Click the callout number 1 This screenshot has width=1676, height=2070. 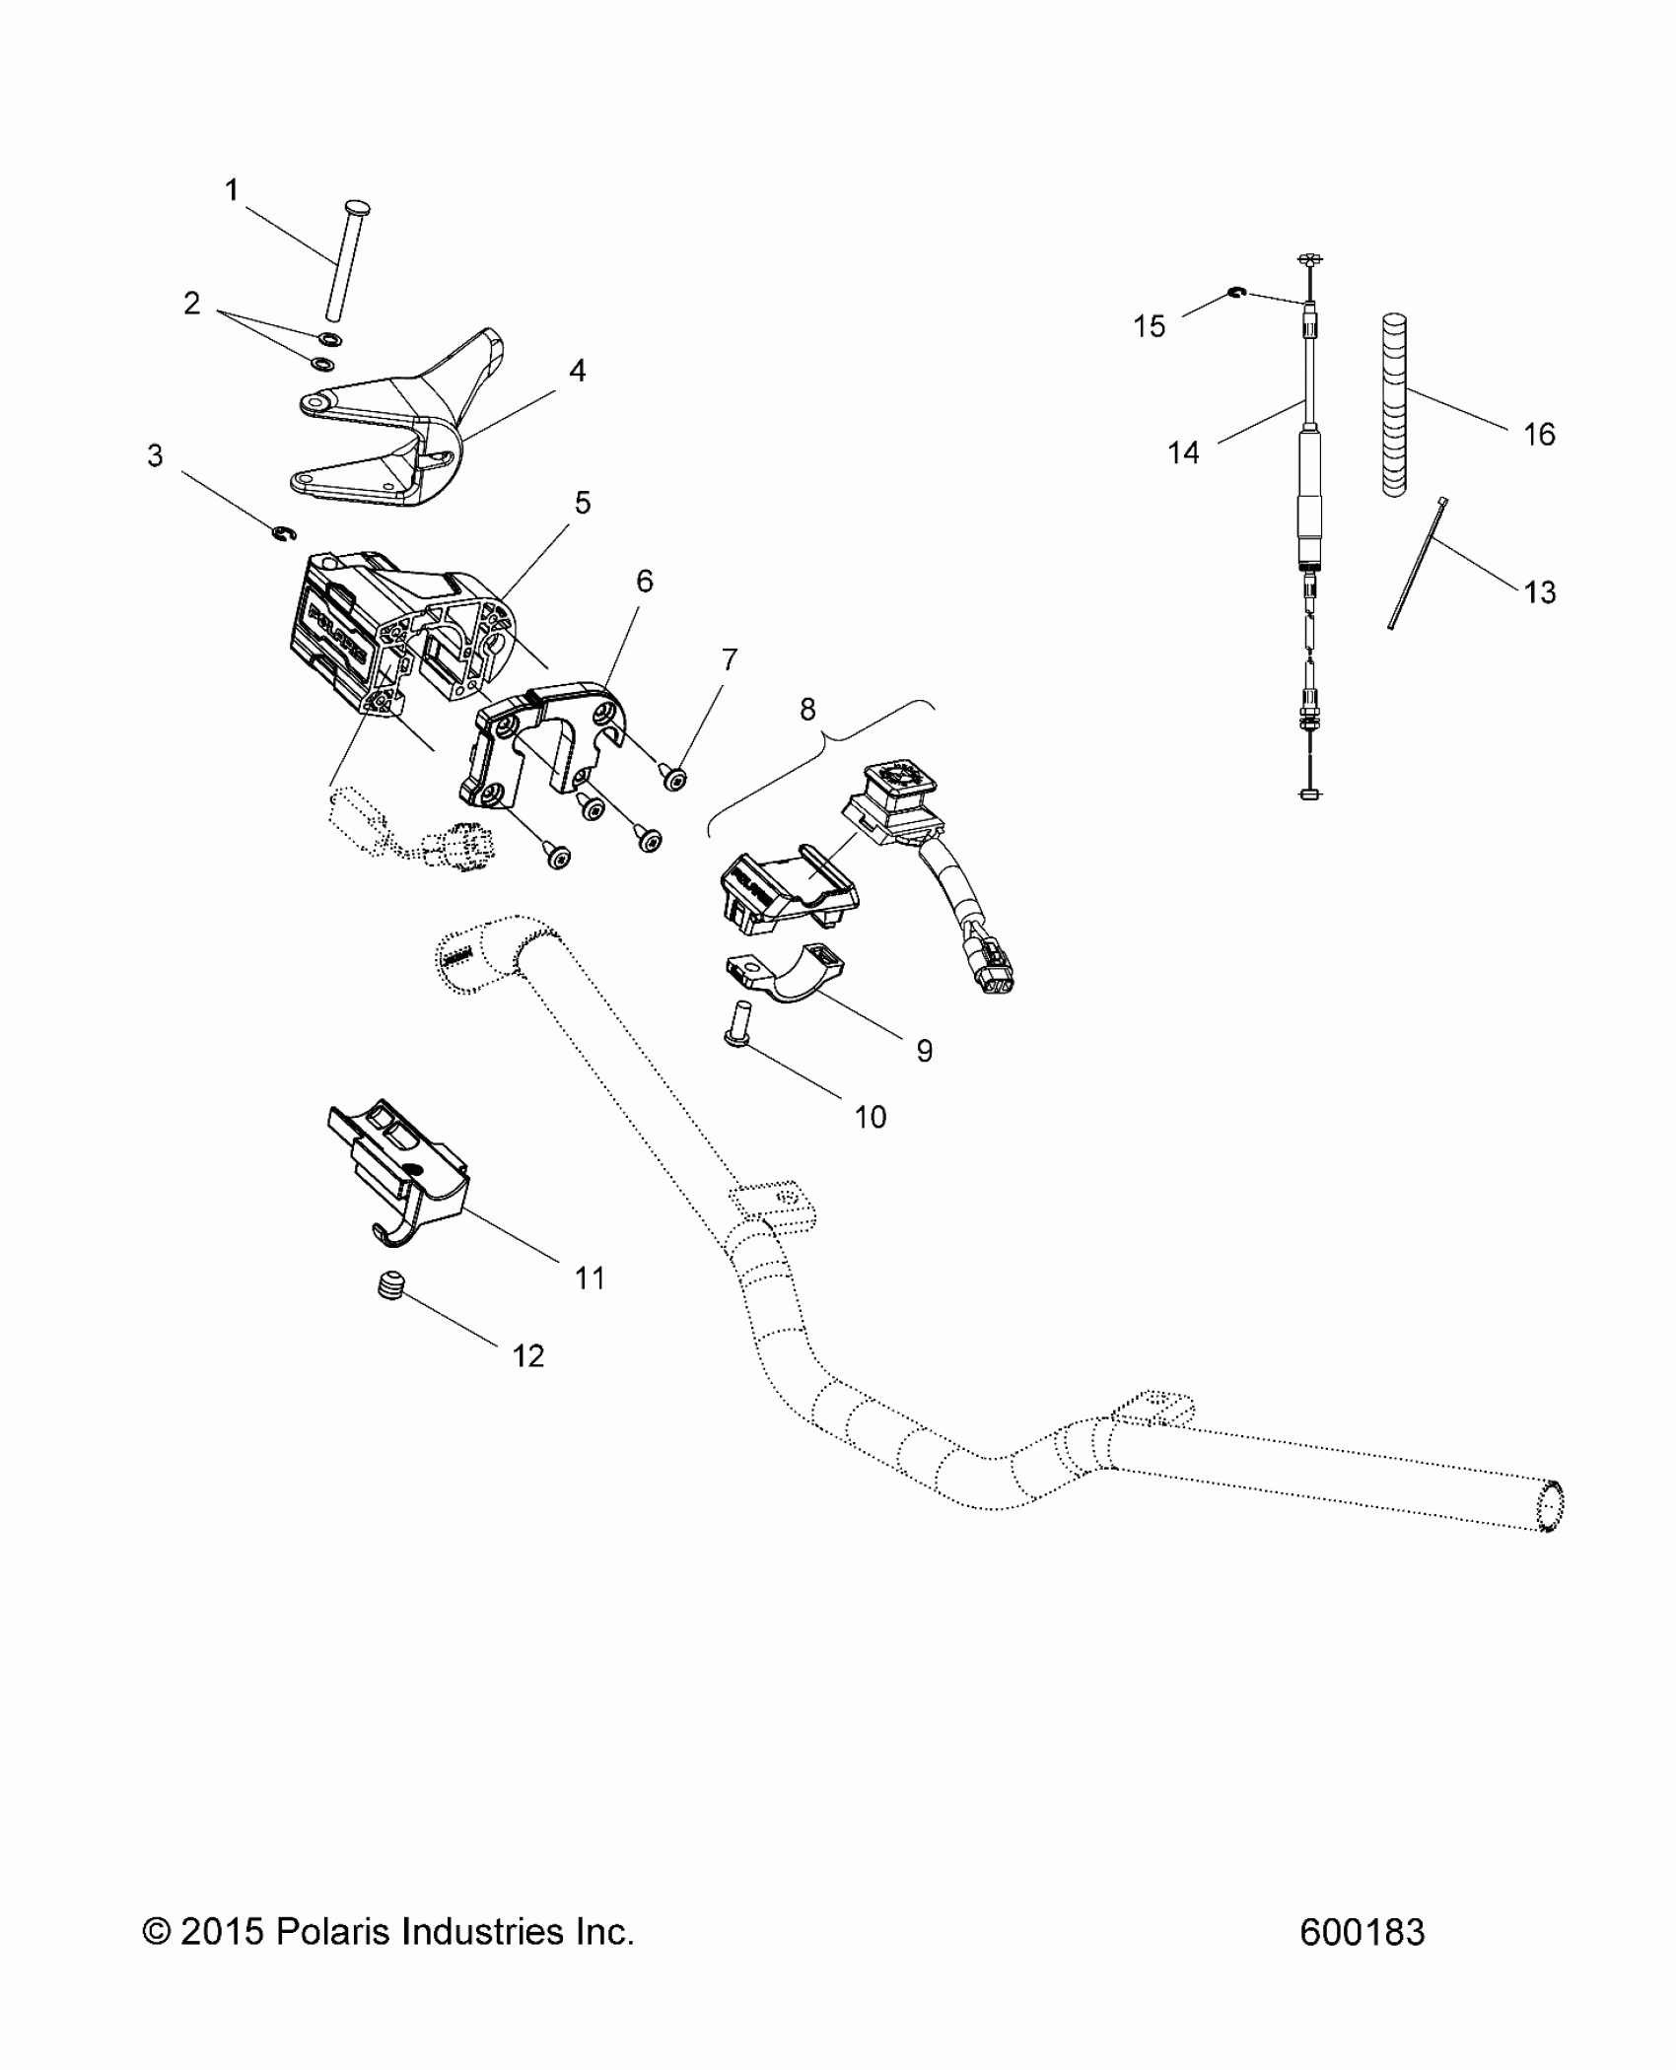pyautogui.click(x=232, y=190)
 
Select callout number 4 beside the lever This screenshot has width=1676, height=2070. pyautogui.click(x=577, y=371)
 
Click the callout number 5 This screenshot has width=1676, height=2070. pyautogui.click(x=582, y=503)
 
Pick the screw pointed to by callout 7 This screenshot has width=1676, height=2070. pyautogui.click(x=674, y=780)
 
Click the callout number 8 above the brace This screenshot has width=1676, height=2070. pyautogui.click(x=807, y=709)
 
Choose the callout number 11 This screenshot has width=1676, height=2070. pyautogui.click(x=590, y=1278)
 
